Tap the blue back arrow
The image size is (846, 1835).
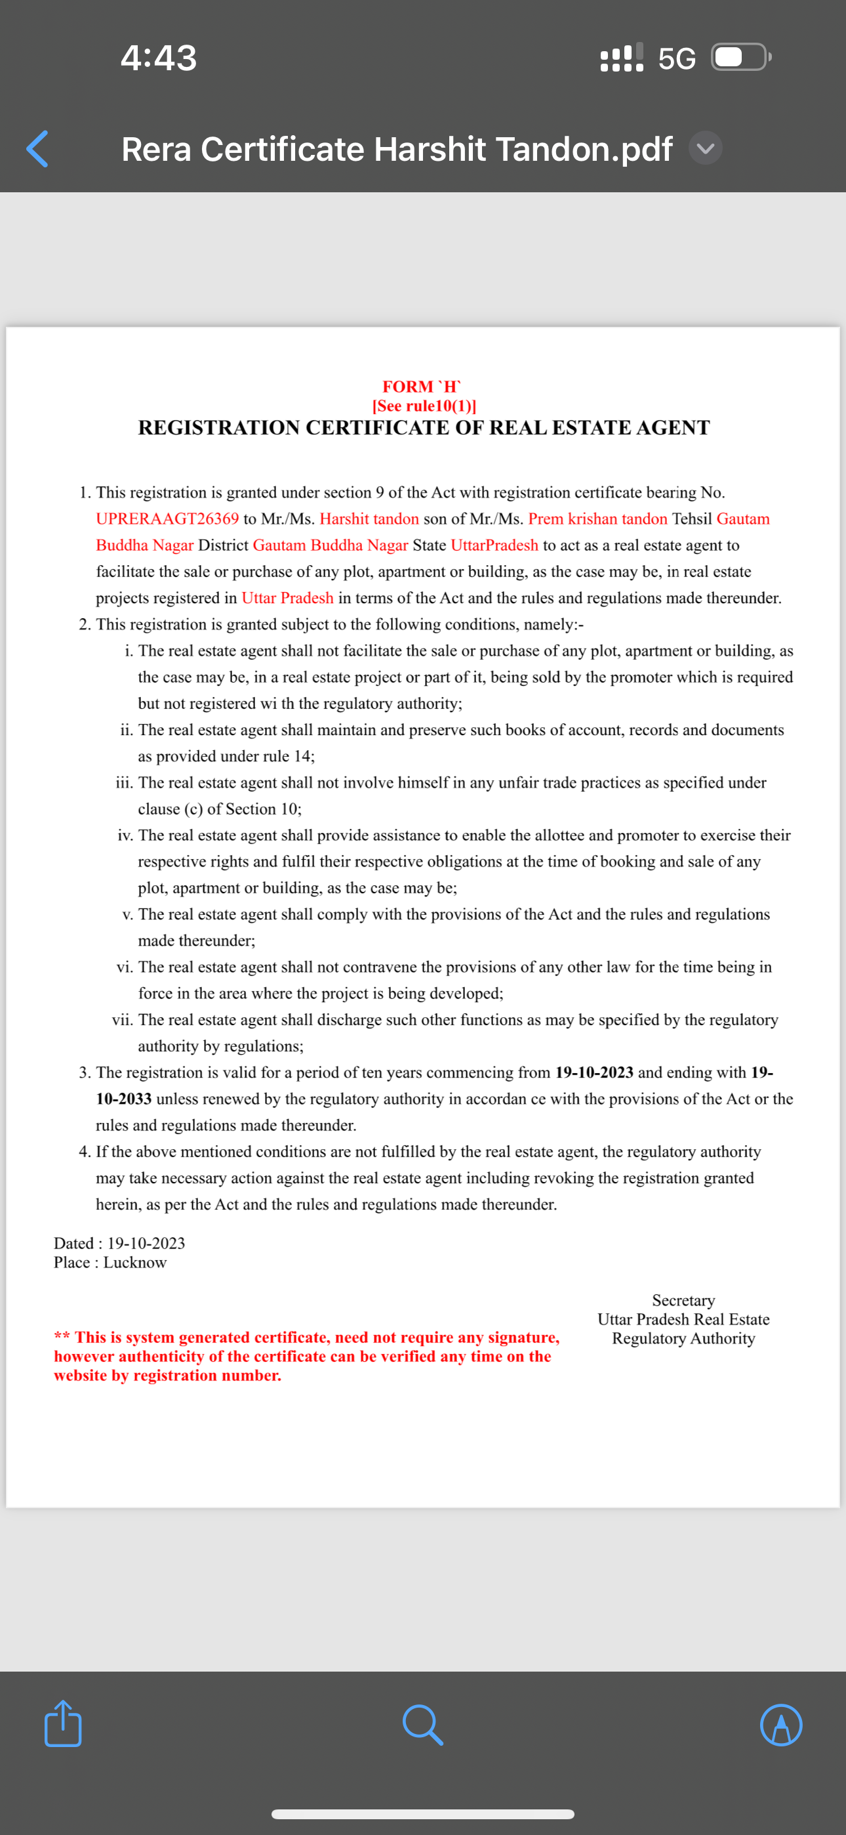tap(37, 149)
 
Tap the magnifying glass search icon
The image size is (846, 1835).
tap(423, 1725)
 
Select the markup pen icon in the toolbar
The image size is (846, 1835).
tap(781, 1725)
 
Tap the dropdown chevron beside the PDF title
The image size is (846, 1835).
tap(706, 148)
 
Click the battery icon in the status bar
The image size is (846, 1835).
tap(740, 58)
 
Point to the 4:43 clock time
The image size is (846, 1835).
tap(158, 58)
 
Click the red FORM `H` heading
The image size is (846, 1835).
tap(422, 387)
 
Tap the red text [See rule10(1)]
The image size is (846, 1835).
tap(424, 406)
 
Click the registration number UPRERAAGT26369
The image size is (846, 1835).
tap(167, 518)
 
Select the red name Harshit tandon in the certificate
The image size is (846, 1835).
tap(369, 518)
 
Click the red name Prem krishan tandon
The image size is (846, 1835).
tap(597, 518)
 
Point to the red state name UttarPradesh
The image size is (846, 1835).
tap(494, 545)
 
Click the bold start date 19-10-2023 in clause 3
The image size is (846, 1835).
tap(594, 1072)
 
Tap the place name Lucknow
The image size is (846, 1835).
tap(134, 1262)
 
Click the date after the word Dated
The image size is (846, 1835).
tap(146, 1243)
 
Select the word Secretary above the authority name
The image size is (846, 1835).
tap(683, 1300)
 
